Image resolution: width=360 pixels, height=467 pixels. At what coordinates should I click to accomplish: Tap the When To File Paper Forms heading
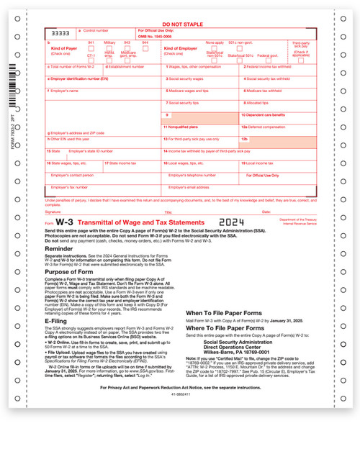[x=225, y=314]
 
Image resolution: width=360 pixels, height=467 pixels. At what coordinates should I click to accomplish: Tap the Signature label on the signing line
[x=53, y=212]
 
